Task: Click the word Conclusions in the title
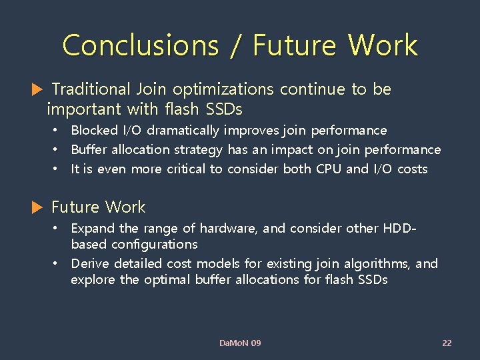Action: tap(140, 46)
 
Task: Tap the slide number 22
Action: tap(447, 343)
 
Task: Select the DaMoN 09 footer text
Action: tap(240, 343)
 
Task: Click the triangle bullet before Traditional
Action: tap(37, 89)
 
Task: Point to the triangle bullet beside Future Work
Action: tap(37, 208)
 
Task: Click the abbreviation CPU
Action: tap(328, 169)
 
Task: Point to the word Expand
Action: tap(92, 228)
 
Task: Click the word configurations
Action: tap(134, 245)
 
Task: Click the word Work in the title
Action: tap(383, 46)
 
